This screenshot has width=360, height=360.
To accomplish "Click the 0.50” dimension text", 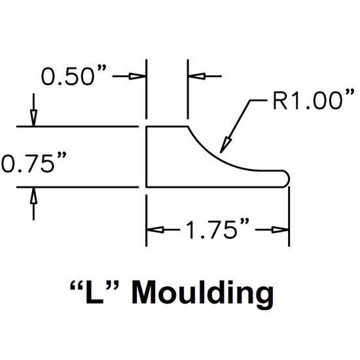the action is click(74, 75).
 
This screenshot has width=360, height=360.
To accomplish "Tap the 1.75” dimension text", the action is click(217, 228).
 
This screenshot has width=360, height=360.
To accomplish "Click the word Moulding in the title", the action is click(203, 293).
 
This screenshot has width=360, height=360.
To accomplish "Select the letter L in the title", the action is click(94, 293).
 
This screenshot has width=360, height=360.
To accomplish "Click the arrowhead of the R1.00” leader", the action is click(225, 145).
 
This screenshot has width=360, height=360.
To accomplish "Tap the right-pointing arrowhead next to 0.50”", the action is click(137, 76).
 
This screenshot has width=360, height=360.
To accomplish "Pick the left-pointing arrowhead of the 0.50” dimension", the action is click(196, 76).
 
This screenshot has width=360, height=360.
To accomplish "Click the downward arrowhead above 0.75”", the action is click(34, 118).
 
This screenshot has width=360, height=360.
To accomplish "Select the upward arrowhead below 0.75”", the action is click(34, 196).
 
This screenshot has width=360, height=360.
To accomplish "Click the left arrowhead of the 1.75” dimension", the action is click(155, 229).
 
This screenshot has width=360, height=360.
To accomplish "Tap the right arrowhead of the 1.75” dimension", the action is click(280, 229).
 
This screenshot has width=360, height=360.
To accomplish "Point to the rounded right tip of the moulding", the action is click(289, 179).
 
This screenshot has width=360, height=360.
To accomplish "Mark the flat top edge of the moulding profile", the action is click(167, 126).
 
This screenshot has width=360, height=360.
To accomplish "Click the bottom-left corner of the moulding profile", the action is click(147, 187).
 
